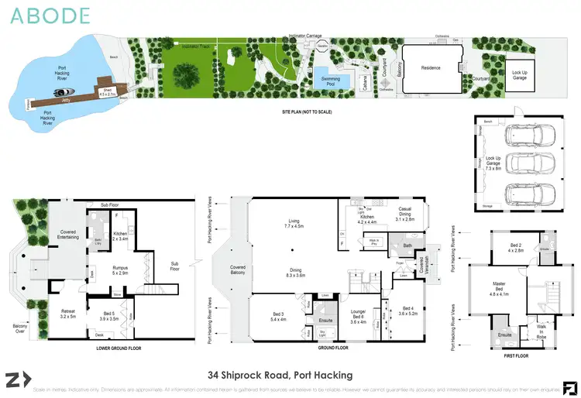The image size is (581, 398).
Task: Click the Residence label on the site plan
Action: pyautogui.click(x=431, y=68)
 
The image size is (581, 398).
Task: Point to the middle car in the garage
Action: pyautogui.click(x=527, y=163)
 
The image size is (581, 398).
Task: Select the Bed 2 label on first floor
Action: pyautogui.click(x=515, y=248)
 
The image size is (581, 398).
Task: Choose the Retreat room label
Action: pyautogui.click(x=67, y=314)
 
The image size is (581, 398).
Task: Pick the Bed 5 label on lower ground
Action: pyautogui.click(x=108, y=314)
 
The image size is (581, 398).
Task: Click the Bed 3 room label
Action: pyautogui.click(x=277, y=316)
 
